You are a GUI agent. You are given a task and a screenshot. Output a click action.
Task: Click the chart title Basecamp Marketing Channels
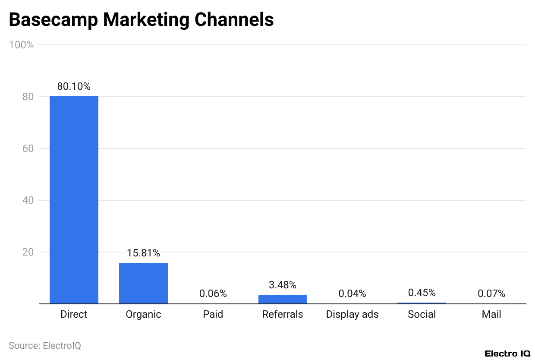[x=141, y=20]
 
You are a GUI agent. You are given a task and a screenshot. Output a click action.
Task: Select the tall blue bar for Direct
[x=74, y=199]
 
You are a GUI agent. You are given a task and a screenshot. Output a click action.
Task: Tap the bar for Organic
[x=143, y=283]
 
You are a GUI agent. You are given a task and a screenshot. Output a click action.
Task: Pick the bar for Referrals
[x=283, y=299]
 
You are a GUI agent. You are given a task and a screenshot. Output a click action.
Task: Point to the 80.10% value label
[x=74, y=86]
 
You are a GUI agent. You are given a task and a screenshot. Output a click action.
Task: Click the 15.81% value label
[x=143, y=253]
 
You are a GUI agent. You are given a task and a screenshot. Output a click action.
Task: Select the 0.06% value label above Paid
[x=213, y=294]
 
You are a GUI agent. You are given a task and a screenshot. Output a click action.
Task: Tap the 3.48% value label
[x=283, y=285]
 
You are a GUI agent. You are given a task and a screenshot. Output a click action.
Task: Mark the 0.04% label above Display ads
[x=352, y=294]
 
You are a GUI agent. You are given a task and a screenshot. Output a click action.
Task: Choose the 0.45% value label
[x=422, y=293]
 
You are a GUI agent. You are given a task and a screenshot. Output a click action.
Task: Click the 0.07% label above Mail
[x=491, y=294]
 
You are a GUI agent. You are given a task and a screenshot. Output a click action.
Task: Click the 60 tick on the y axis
[x=28, y=148]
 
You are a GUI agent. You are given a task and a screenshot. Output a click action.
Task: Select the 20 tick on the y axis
[x=28, y=252]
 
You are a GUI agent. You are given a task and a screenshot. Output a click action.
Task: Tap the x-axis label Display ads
[x=352, y=314]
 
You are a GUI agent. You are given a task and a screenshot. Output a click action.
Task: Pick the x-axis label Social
[x=422, y=314]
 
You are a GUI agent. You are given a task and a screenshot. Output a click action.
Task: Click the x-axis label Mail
[x=491, y=314]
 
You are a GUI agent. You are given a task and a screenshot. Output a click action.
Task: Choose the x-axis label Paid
[x=213, y=314]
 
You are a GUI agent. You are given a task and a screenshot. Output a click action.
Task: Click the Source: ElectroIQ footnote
[x=45, y=345]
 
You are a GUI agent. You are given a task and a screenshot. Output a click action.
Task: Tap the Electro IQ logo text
[x=507, y=354]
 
